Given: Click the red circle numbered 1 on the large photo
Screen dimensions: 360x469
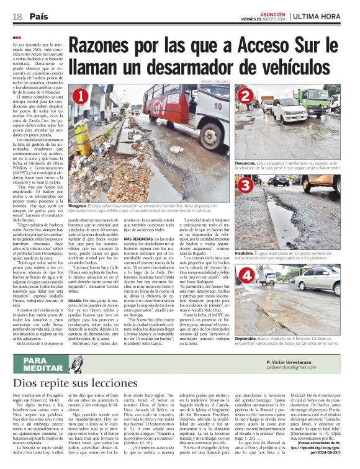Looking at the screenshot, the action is (x=79, y=96).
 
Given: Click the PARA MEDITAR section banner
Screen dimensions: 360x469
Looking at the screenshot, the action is (x=42, y=364).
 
